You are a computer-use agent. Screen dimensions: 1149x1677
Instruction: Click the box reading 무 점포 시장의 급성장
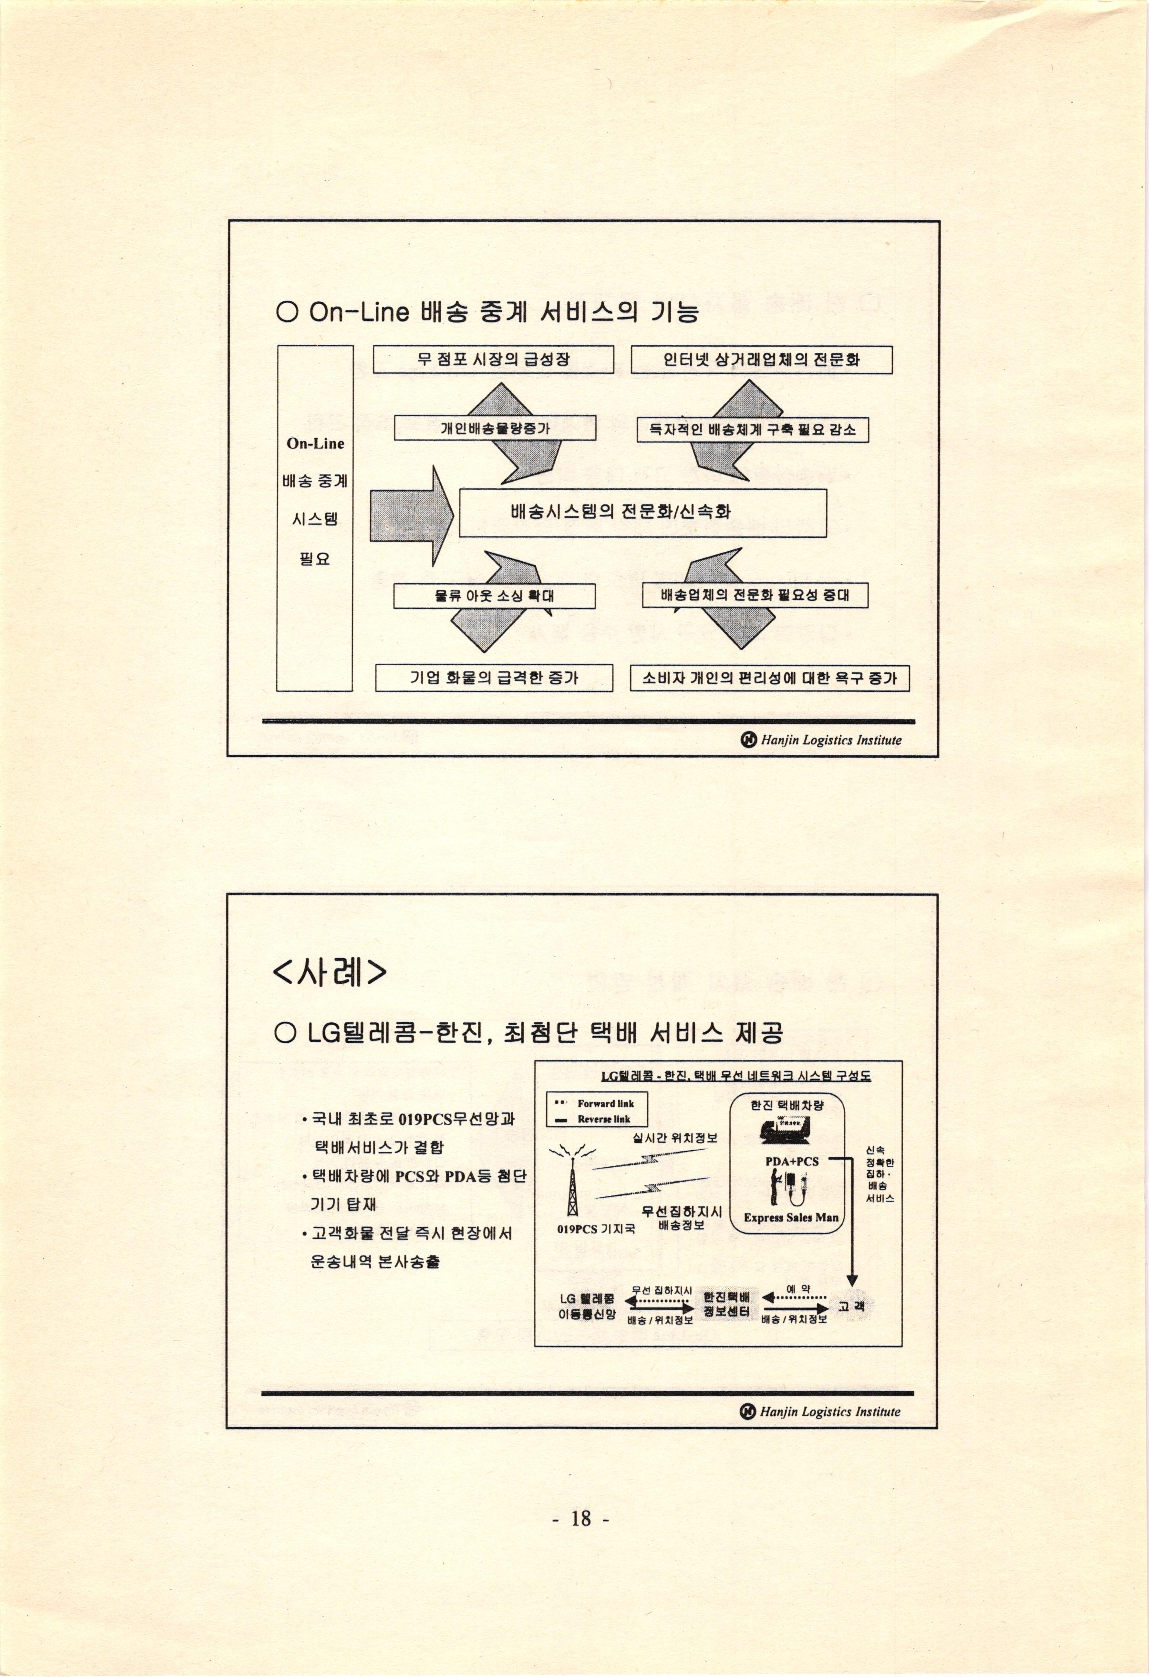click(494, 360)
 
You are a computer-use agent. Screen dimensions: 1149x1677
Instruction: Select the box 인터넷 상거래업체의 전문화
click(761, 360)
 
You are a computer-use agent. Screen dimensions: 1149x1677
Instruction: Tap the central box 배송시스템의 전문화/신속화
click(642, 512)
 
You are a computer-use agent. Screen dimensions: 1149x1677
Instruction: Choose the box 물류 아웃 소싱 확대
click(495, 596)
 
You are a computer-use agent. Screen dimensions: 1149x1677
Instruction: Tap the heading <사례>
click(330, 973)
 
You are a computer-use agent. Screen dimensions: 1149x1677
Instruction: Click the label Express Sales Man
click(791, 1217)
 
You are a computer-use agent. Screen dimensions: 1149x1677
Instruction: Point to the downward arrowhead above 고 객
click(852, 1280)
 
